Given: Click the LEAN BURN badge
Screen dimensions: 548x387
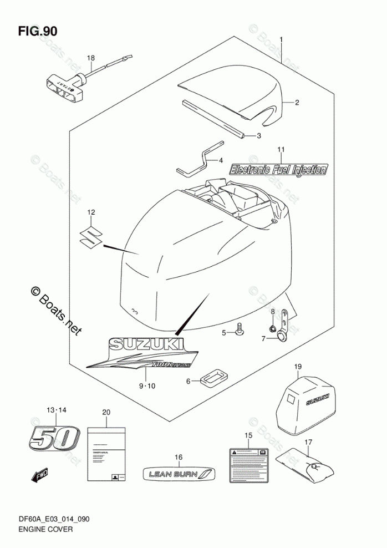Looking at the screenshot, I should click(177, 473).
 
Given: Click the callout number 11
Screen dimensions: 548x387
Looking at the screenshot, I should click(281, 150).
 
